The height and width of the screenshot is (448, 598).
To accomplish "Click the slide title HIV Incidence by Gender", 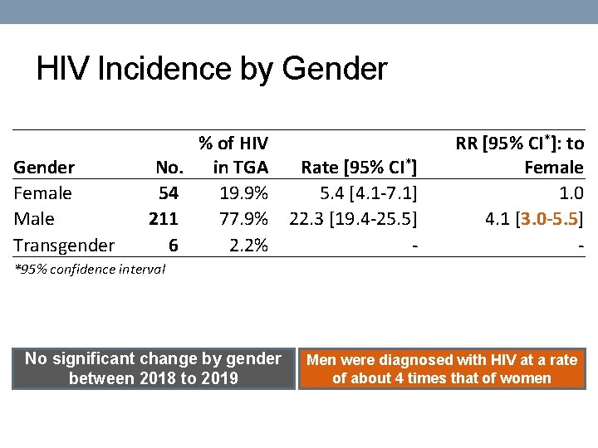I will point(212,69).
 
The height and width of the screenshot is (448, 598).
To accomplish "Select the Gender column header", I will point(45,168).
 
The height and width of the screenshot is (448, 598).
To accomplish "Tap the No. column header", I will point(169,168).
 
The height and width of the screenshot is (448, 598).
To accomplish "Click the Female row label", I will point(43,193).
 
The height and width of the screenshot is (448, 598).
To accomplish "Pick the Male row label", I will point(35,219).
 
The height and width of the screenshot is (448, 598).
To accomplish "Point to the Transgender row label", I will point(64,245).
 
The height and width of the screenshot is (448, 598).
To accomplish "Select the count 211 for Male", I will point(165,219).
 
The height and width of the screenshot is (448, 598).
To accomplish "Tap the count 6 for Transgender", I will point(173,245).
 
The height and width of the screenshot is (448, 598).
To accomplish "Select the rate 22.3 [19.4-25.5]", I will point(352,219).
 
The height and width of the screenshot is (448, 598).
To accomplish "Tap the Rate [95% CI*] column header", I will point(358,168).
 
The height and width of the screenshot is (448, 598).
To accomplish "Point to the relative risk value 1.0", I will point(572,193).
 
